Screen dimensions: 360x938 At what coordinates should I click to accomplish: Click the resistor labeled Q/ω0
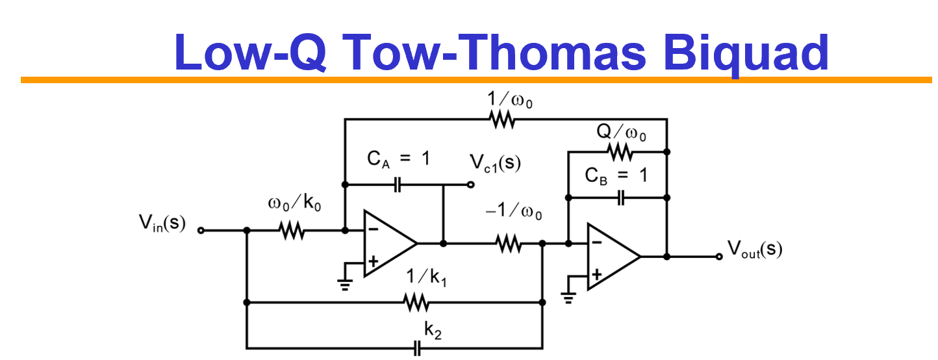pyautogui.click(x=620, y=152)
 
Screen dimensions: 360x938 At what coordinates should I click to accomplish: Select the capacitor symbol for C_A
pyautogui.click(x=398, y=185)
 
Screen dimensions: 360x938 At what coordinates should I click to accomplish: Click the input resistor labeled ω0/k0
pyautogui.click(x=293, y=230)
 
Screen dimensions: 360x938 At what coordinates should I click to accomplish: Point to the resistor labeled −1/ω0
pyautogui.click(x=509, y=244)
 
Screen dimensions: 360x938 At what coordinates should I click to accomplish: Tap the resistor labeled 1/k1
pyautogui.click(x=416, y=302)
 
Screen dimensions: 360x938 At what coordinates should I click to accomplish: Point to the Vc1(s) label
pyautogui.click(x=497, y=162)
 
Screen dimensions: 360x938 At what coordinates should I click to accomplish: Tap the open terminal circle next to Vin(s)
pyautogui.click(x=201, y=230)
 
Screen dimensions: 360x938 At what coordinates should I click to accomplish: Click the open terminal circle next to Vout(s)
pyautogui.click(x=718, y=257)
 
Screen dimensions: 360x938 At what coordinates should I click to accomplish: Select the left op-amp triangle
pyautogui.click(x=387, y=244)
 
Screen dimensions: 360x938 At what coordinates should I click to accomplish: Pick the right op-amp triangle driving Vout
pyautogui.click(x=611, y=257)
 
